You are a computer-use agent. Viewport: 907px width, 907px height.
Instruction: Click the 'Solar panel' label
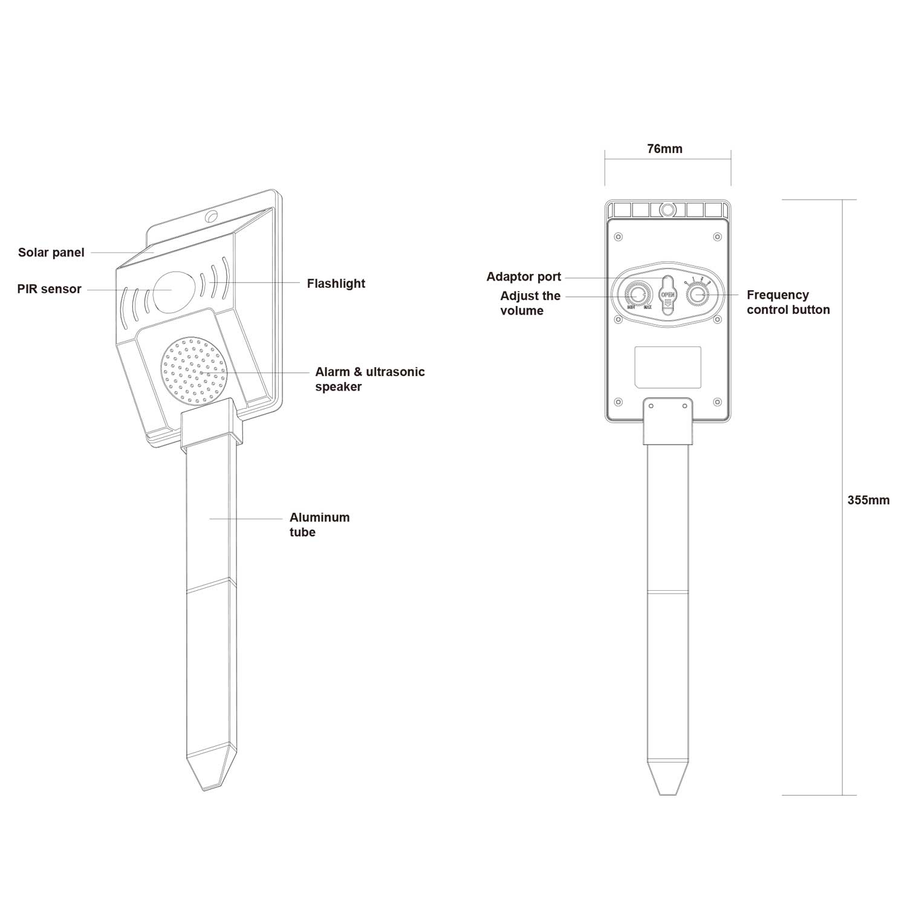coord(51,253)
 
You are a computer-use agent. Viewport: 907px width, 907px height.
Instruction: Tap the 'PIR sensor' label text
coord(49,289)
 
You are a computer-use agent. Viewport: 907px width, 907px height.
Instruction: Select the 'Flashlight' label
coord(336,284)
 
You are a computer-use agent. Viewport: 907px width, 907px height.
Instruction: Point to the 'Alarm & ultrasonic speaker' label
coord(370,379)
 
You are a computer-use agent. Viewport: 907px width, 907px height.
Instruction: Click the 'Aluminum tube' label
coord(319,525)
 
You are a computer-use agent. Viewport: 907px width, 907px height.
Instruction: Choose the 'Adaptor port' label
coord(524,277)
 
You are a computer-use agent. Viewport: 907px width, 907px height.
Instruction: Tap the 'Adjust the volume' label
coord(530,303)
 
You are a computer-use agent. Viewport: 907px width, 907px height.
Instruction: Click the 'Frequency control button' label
coord(788,302)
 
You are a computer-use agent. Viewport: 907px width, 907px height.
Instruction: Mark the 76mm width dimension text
coord(665,149)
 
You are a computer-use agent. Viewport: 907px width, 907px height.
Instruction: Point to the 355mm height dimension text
coord(868,500)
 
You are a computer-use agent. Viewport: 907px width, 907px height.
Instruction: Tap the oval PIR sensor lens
coord(171,290)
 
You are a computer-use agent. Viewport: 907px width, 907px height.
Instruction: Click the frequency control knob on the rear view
coord(698,295)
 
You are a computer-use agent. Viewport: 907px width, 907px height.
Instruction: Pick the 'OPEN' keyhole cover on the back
coord(668,294)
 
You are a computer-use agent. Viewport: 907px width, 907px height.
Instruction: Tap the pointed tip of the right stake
coord(668,795)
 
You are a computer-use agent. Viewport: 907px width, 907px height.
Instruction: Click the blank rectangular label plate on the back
coord(668,367)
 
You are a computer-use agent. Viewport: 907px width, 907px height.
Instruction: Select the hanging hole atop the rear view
coord(668,210)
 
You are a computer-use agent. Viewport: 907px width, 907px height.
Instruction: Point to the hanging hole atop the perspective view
coord(211,216)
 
